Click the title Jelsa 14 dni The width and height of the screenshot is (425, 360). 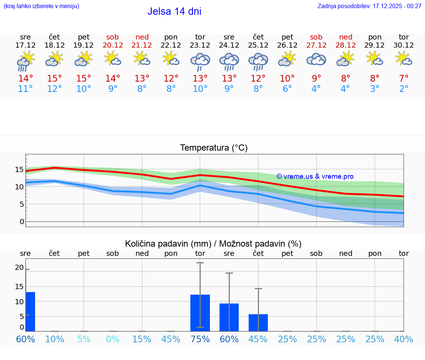174,11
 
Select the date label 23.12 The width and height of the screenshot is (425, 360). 200,45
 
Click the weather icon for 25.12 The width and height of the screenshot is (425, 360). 258,61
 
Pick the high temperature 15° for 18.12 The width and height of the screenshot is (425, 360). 55,79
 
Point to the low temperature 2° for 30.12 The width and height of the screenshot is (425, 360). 404,89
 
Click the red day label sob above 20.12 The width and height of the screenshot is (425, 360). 113,37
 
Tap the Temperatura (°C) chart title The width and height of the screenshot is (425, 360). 214,148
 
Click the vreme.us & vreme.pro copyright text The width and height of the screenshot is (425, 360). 315,176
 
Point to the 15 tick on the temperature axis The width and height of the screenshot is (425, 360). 19,169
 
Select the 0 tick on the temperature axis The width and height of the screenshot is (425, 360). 22,222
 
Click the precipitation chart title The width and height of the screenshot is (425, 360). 213,244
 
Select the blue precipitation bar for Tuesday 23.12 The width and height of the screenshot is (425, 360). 200,313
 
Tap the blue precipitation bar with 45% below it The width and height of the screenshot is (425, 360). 258,323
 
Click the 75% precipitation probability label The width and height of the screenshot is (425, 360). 200,339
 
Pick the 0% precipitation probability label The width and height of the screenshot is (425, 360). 113,339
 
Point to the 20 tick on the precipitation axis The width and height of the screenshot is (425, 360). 19,268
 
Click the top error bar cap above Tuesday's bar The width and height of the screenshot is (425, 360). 200,263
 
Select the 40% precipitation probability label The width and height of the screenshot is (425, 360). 404,339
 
